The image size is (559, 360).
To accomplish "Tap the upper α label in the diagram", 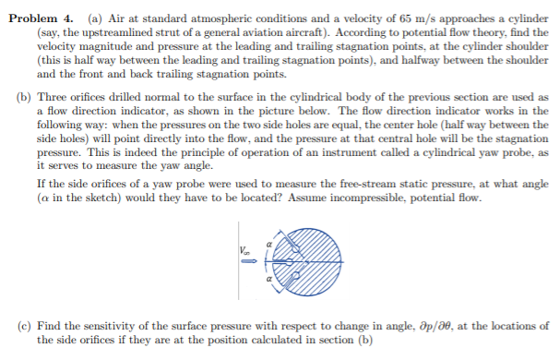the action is [x=268, y=240].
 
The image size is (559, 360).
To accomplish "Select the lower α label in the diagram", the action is [x=268, y=278].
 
